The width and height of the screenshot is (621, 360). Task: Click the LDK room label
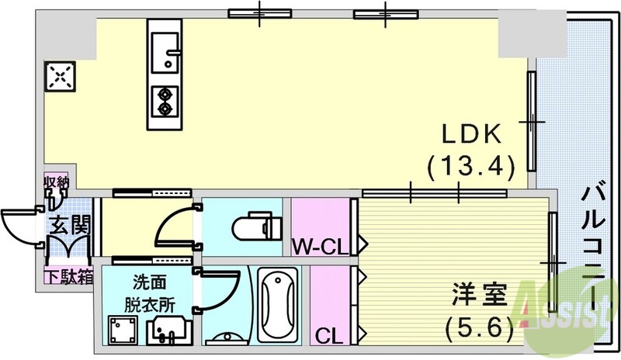[x=473, y=135]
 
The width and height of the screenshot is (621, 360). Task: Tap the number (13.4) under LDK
[x=471, y=165]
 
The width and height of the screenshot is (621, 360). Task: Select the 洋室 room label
[x=481, y=296]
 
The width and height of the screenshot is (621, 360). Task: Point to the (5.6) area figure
[x=481, y=327]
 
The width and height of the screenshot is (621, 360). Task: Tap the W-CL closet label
[x=318, y=248]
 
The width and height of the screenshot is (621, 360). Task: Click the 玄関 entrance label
[x=69, y=227]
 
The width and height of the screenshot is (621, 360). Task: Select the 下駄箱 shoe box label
[x=68, y=275]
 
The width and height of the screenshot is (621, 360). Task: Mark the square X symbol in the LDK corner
[x=60, y=76]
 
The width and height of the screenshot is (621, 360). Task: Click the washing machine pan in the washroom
[x=122, y=330]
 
